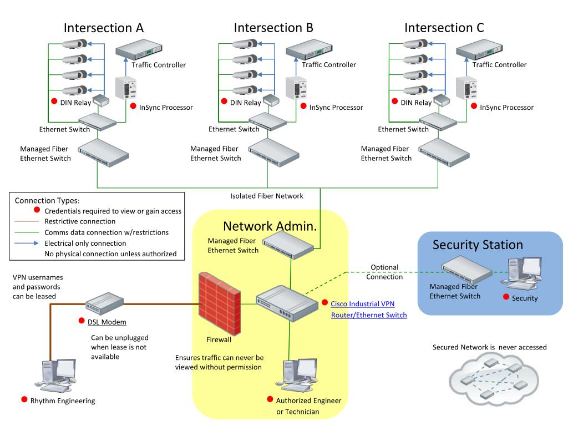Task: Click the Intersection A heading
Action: pos(104,28)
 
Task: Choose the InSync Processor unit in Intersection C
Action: pos(465,89)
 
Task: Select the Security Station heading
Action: pos(478,245)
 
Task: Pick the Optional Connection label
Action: pos(384,272)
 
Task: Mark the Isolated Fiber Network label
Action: pos(267,196)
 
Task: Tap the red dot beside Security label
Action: pos(506,297)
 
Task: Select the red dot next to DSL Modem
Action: pos(82,321)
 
